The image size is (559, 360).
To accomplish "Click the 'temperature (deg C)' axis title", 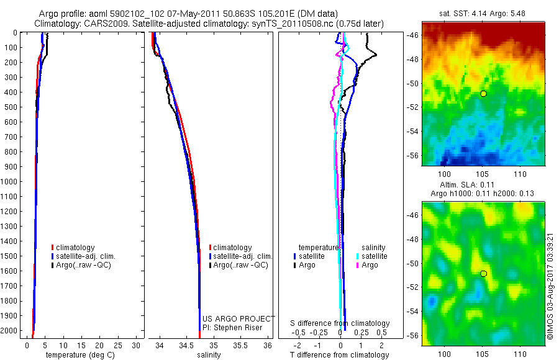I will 78,355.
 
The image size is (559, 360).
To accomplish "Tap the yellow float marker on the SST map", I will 483,93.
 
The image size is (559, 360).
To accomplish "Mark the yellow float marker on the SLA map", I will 483,273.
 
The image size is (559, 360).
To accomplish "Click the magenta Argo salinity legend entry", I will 369,265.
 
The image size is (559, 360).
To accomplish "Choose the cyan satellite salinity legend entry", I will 373,256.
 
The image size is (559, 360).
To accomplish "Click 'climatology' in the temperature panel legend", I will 75,248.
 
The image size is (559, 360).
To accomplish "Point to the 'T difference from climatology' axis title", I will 340,355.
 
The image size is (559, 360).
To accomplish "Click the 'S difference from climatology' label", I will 340,323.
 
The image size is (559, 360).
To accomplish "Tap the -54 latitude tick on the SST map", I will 413,131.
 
